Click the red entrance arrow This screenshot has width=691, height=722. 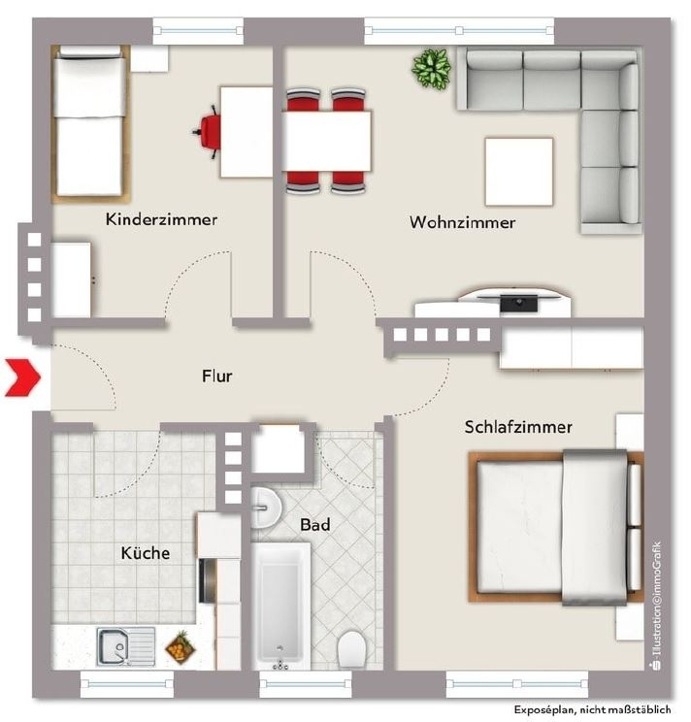23,378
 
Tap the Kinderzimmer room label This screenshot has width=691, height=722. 161,219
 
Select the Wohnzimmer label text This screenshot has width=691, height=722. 463,222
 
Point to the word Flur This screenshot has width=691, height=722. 216,376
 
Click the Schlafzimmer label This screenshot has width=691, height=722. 518,427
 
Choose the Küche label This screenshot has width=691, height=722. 146,552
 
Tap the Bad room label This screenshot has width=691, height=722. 315,524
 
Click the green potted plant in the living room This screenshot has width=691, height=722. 431,69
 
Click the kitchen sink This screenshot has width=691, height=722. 126,647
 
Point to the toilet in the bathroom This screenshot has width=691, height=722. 351,649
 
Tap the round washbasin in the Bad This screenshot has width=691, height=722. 266,508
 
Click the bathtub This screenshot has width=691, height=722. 280,607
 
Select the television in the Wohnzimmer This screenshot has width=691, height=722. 519,303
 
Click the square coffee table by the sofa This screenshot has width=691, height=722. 519,172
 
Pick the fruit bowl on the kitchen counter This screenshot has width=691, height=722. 181,648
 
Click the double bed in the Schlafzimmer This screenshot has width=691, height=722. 556,528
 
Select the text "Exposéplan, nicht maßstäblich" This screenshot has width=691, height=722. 592,709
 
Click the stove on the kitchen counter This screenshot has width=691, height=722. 207,581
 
